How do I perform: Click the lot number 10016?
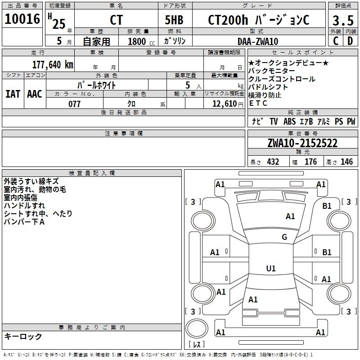pos(22,20)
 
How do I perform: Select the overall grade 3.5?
pos(342,20)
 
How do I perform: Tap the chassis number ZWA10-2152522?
pos(302,143)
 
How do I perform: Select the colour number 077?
pos(74,104)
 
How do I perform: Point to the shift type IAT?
pos(13,94)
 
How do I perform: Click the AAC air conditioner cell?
pos(35,94)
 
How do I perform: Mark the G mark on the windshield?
pos(284,237)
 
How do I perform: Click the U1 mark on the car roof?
pos(270,269)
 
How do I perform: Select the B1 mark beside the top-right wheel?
pos(327,206)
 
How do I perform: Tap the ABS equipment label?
pos(289,121)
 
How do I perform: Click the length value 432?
pos(273,162)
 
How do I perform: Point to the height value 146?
pos(346,162)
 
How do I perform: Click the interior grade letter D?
pos(350,41)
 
